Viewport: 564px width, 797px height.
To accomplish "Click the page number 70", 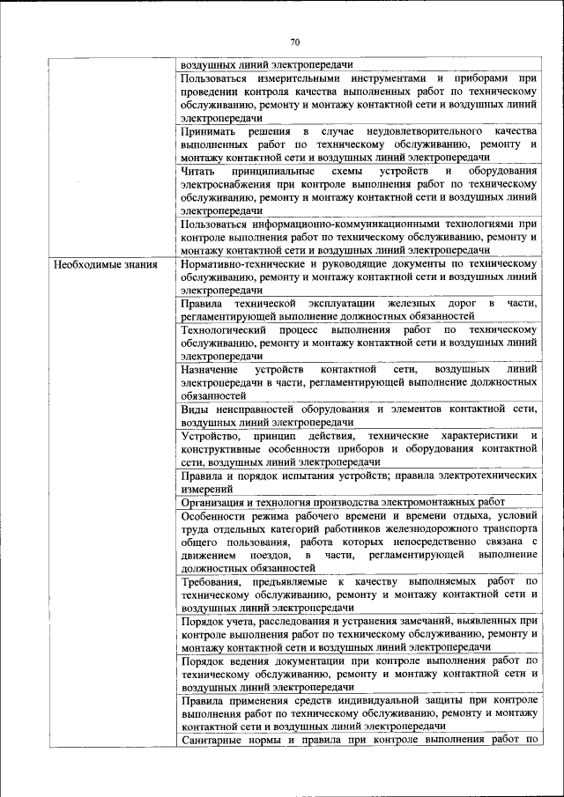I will pos(295,41).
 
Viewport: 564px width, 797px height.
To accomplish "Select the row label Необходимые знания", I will pos(105,264).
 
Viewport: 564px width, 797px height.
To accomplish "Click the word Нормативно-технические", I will pos(243,264).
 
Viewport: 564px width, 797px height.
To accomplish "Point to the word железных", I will pos(394,304).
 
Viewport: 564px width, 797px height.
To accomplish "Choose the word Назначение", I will pos(209,370).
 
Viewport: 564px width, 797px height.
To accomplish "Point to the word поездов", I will pos(267,556).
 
